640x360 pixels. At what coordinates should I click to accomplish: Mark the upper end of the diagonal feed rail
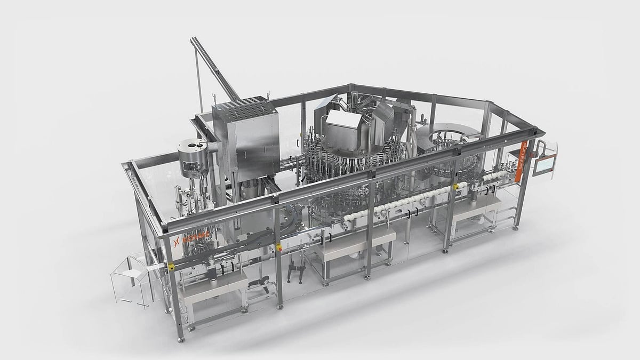pyautogui.click(x=194, y=41)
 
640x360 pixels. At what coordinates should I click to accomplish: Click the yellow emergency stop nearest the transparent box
pyautogui.click(x=171, y=266)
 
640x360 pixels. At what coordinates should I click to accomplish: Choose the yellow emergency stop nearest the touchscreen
pyautogui.click(x=456, y=187)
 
